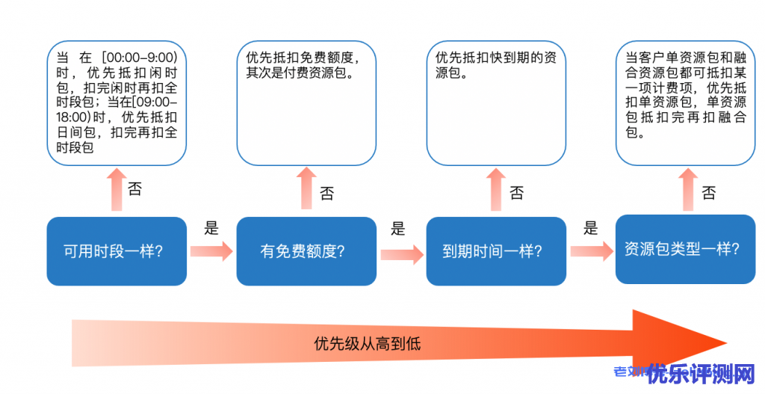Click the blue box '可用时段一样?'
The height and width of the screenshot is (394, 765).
pos(117,251)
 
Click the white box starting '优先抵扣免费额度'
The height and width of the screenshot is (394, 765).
pos(306,103)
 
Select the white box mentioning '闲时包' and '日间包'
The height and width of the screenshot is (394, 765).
pos(117,103)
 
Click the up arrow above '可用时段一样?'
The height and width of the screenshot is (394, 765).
pos(117,190)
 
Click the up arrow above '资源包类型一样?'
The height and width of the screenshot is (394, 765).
pos(687,190)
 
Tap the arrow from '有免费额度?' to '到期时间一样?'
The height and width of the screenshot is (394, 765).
pos(401,255)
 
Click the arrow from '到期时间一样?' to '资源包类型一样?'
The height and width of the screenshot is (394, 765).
pos(591,251)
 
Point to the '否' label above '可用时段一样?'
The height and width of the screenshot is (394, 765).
pos(135,188)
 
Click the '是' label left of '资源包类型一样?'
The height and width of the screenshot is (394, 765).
pos(591,227)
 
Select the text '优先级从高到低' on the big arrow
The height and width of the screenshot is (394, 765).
pos(368,344)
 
